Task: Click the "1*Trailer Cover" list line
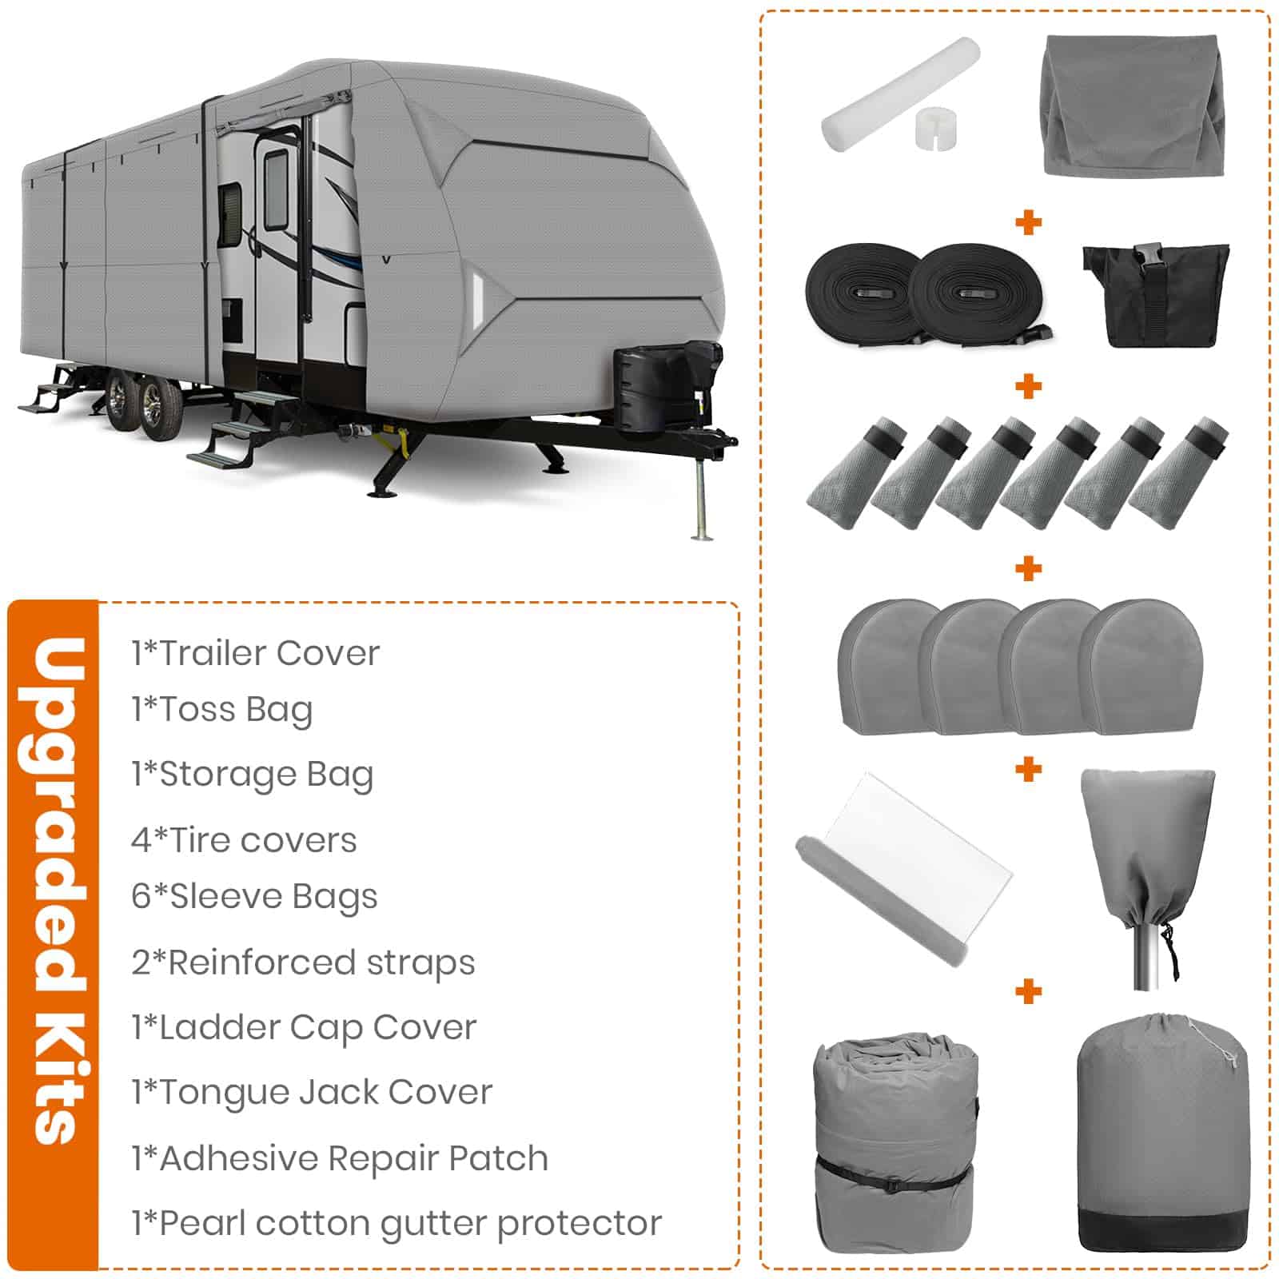coord(256,653)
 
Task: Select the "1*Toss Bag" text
coord(222,710)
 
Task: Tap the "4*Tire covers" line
coord(244,840)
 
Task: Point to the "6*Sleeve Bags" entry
coord(254,898)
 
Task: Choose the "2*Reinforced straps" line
coord(303,963)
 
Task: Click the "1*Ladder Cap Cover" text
coord(304,1028)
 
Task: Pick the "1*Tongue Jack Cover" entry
coord(312,1093)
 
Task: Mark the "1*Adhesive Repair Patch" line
coord(340,1158)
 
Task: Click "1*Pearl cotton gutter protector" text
coord(396,1224)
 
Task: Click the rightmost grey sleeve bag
coord(1179,472)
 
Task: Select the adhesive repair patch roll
coord(904,869)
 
